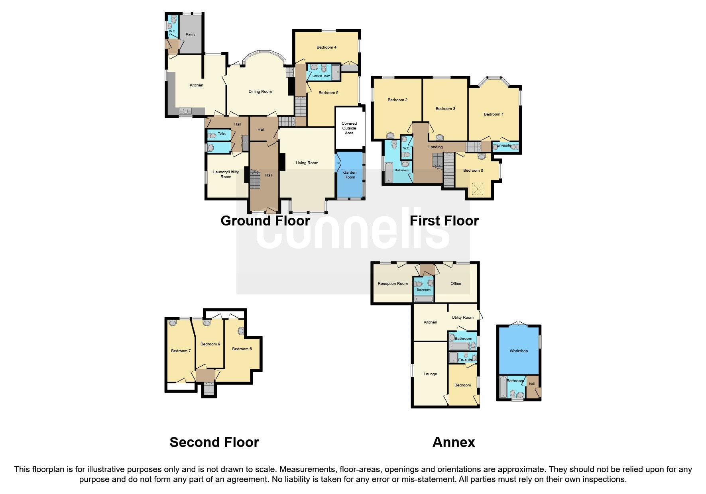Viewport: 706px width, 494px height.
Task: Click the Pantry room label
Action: (191, 35)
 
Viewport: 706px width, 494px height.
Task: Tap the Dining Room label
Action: (260, 92)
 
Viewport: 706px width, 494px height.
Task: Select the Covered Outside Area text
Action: (349, 128)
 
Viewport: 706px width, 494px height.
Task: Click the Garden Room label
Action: (350, 175)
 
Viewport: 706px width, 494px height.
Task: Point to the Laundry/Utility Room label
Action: (226, 174)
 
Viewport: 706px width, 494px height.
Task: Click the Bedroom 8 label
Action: (473, 171)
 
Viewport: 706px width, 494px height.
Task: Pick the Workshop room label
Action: (518, 351)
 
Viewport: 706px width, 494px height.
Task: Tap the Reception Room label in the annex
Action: (392, 284)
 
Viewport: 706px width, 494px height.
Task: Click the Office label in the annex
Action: (456, 284)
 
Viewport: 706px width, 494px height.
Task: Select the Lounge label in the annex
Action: (430, 374)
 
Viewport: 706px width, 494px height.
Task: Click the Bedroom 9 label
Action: (210, 344)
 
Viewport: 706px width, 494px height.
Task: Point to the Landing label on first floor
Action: (435, 147)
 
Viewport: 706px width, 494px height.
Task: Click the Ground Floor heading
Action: (265, 221)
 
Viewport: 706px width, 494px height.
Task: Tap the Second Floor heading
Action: (214, 442)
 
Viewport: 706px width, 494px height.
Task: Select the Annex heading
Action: (454, 442)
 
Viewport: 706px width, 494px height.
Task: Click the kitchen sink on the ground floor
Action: (186, 111)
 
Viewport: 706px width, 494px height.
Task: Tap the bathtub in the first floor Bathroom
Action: (389, 172)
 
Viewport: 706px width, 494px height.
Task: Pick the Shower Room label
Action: (321, 76)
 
